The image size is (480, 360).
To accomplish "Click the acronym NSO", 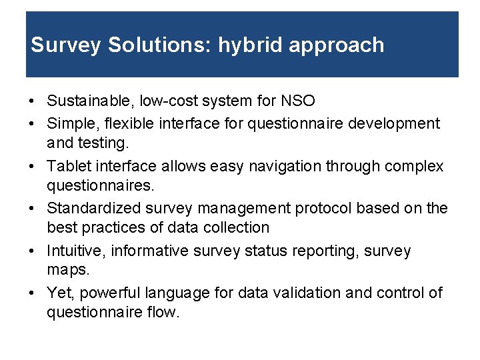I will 298,101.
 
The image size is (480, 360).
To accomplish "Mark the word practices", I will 111,227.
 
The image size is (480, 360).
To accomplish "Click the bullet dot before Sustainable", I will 32,102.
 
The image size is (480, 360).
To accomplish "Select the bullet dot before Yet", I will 32,293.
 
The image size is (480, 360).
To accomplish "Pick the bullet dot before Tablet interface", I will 32,167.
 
